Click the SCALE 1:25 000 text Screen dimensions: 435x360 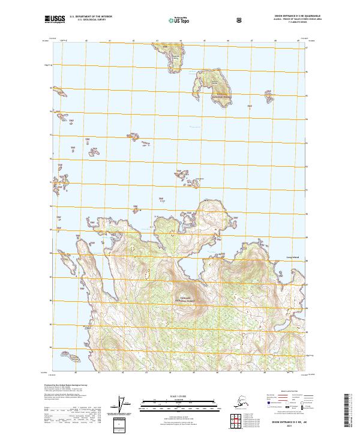click(180, 396)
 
